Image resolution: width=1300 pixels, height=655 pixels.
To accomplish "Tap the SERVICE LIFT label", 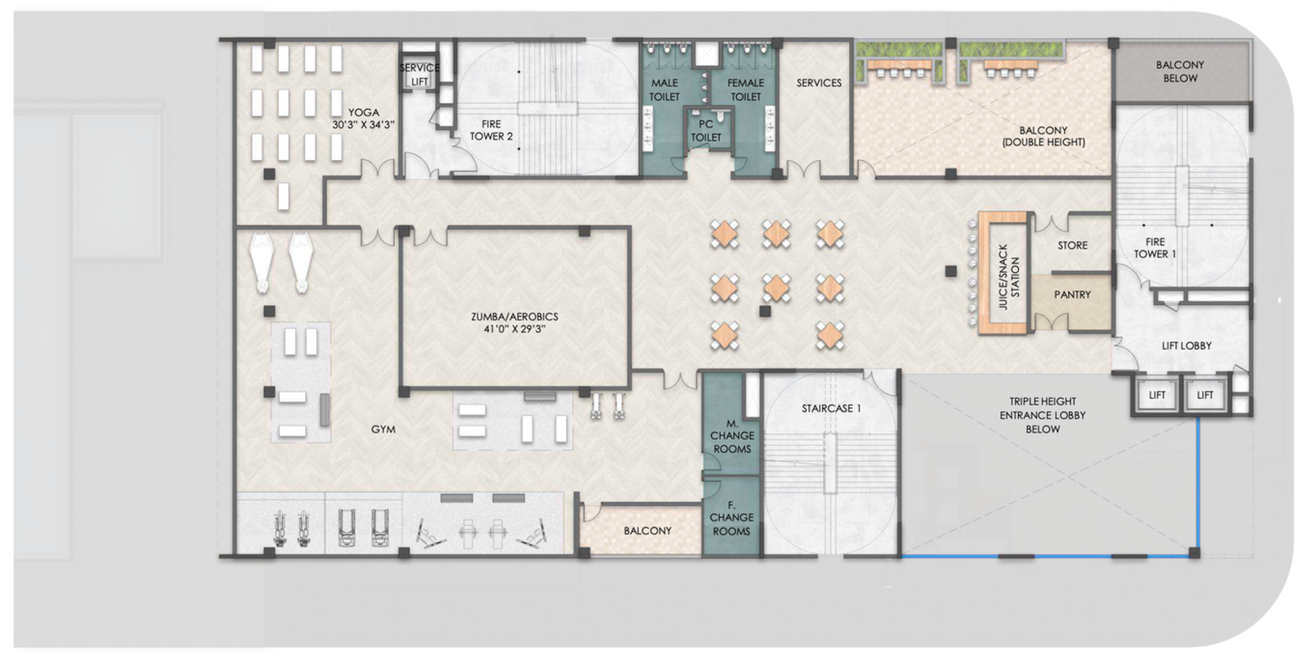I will [419, 75].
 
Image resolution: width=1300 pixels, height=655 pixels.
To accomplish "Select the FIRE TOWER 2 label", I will [491, 130].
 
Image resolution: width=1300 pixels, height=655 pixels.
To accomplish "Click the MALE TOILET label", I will [664, 89].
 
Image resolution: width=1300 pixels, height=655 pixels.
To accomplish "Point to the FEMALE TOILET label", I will [745, 89].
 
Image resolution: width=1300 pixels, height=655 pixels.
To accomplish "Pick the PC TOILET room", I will [705, 131].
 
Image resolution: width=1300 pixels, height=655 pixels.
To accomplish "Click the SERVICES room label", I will [818, 83].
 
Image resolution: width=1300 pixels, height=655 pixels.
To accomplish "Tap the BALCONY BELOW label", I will [1179, 72].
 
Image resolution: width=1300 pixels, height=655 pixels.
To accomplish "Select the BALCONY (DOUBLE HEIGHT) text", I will [1043, 136].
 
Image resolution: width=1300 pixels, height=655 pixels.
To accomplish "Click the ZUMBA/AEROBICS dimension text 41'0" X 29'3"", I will [514, 330].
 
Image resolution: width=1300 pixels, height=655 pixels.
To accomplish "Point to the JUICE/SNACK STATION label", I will [1007, 276].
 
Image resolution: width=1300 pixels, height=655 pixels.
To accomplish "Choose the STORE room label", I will [1072, 245].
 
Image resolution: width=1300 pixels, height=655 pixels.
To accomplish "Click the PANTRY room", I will [1072, 295].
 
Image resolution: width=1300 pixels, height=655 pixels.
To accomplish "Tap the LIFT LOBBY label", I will [1185, 346].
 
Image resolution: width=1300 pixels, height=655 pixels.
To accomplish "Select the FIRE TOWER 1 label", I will [1155, 248].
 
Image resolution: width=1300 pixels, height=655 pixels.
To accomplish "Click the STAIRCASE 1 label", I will [831, 409].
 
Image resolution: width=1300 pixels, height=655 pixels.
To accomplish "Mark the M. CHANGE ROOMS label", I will [731, 436].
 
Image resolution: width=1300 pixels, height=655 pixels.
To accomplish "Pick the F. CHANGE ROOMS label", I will [731, 518].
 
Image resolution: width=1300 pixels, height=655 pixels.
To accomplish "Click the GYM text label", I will [383, 430].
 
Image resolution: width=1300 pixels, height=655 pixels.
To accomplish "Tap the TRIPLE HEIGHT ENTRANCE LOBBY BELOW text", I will [1042, 415].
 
